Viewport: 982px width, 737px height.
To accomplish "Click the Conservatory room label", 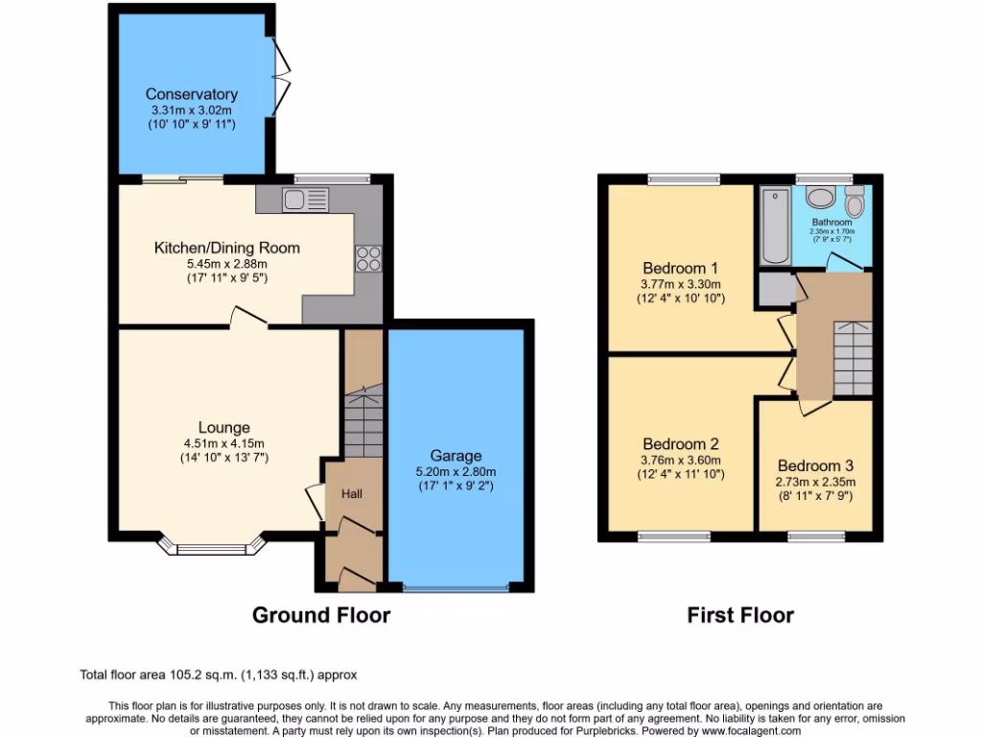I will click(x=191, y=94).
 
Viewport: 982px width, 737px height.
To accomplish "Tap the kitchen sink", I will click(x=306, y=200).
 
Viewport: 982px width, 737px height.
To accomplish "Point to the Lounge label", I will click(x=224, y=427).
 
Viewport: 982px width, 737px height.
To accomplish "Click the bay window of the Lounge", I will click(x=212, y=549).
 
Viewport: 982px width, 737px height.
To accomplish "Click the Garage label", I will click(x=456, y=456).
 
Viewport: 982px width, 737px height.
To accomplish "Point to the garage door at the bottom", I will click(x=456, y=586).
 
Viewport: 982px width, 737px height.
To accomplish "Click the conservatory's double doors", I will click(x=280, y=72).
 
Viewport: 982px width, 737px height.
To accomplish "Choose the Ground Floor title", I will click(x=320, y=615).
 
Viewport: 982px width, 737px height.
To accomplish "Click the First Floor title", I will click(x=740, y=615).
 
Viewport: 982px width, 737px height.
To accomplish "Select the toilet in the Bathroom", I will click(x=853, y=202).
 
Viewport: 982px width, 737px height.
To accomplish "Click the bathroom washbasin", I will click(x=820, y=198).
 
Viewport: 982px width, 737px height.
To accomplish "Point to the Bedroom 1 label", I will click(x=681, y=268).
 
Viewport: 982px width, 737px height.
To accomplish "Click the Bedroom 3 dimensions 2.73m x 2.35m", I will click(x=816, y=482).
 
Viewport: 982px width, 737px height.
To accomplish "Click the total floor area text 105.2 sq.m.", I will click(x=218, y=676).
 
